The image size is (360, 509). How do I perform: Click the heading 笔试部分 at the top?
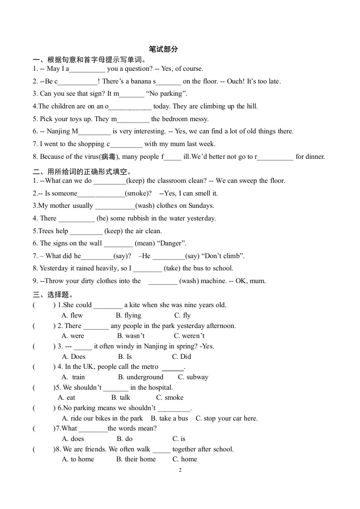pyautogui.click(x=163, y=49)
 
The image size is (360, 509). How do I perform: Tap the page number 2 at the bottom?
pyautogui.click(x=180, y=470)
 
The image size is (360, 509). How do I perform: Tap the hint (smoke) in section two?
pyautogui.click(x=138, y=193)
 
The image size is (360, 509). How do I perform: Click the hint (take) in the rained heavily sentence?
pyautogui.click(x=172, y=268)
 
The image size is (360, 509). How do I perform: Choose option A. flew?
pyautogui.click(x=72, y=315)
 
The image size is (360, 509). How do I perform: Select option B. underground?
pyautogui.click(x=141, y=377)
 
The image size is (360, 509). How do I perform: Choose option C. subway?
pyautogui.click(x=193, y=377)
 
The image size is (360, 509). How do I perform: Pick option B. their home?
pyautogui.click(x=136, y=459)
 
